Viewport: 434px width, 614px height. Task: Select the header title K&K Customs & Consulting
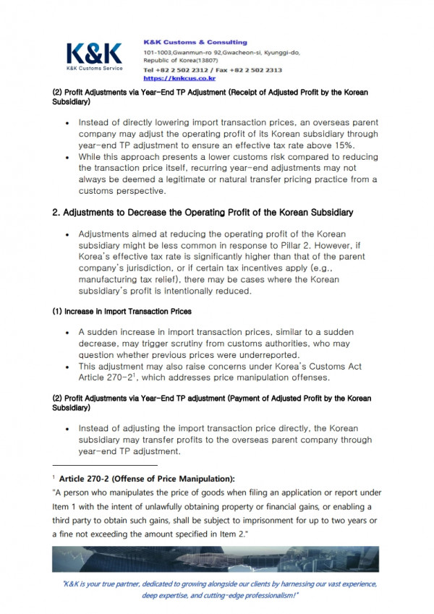click(x=195, y=42)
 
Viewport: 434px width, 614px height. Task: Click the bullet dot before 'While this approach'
click(x=67, y=157)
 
